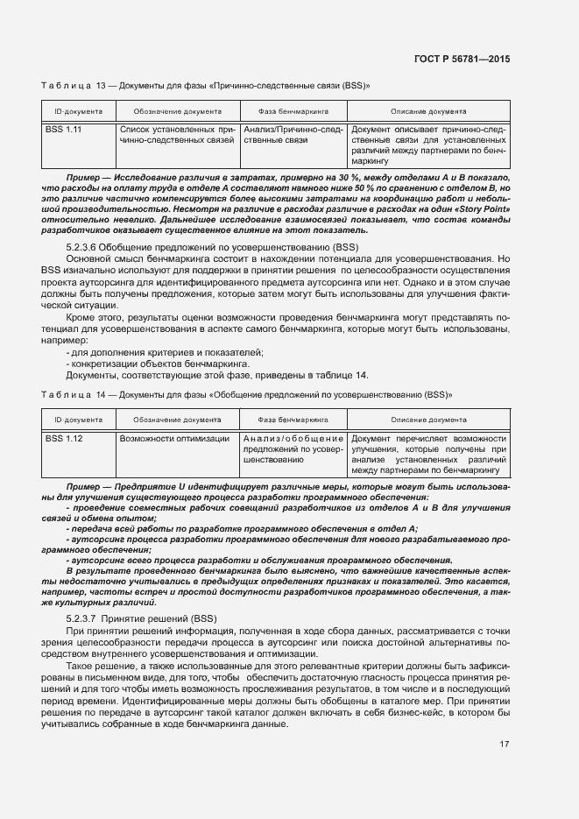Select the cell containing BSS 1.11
63,130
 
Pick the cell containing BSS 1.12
63,438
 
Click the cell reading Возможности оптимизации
174,438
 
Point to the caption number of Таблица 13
102,86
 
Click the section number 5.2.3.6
85,248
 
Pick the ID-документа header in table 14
78,420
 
